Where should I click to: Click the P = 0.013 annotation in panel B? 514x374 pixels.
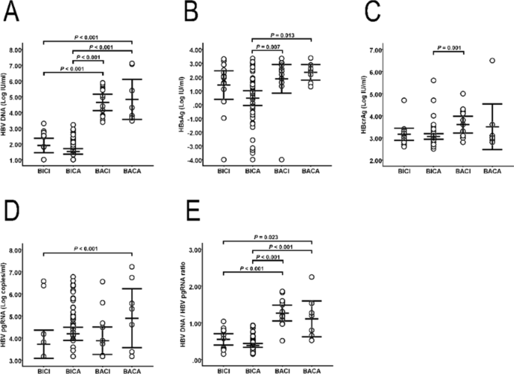point(268,35)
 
